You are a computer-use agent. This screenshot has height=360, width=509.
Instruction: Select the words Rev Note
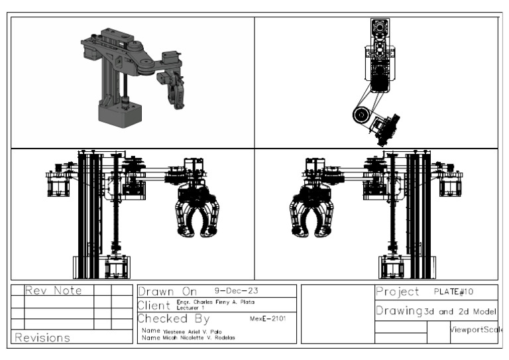[x=53, y=290]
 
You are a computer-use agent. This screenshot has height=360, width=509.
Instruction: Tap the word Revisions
[x=42, y=337]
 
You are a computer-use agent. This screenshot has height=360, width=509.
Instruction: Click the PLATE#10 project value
[x=455, y=291]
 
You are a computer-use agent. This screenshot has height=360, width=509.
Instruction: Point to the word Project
[x=398, y=292]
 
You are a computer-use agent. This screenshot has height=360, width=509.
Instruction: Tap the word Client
[x=154, y=305]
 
